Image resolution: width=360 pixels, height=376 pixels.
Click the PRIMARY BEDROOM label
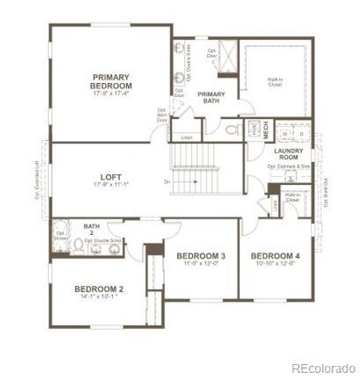click(110, 81)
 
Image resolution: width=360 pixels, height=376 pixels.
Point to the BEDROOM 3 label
click(202, 257)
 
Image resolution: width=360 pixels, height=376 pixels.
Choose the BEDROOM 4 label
click(275, 256)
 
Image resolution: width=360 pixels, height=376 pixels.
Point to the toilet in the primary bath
click(232, 129)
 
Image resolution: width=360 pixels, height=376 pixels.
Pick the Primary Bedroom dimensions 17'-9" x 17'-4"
click(110, 94)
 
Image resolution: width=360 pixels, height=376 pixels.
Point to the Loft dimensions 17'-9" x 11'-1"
click(110, 186)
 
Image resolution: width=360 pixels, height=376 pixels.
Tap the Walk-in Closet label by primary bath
click(275, 80)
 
